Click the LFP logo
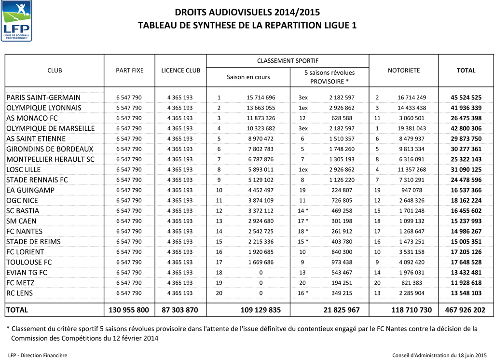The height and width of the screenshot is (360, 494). (17, 21)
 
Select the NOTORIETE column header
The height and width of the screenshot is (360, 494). (403, 70)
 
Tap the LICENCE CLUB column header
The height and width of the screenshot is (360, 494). (180, 70)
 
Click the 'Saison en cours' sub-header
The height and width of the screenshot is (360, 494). (248, 77)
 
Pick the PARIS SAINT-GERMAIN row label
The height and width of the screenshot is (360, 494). (43, 97)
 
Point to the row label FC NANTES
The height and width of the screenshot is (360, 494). (25, 232)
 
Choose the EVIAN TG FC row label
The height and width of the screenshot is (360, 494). (27, 273)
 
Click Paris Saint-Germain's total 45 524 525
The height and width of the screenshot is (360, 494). (466, 97)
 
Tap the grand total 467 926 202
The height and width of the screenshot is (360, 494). (466, 310)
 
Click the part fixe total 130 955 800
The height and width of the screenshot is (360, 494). (129, 310)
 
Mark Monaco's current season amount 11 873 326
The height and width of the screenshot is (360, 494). (261, 118)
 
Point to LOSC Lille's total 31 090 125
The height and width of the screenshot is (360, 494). (466, 170)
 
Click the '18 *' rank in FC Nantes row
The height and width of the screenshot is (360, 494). (303, 232)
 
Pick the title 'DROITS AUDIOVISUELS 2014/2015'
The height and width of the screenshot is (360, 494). (247, 13)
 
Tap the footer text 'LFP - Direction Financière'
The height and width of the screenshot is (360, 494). (38, 355)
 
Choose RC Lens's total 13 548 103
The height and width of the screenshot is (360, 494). (466, 293)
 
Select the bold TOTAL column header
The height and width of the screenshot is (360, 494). (466, 70)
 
